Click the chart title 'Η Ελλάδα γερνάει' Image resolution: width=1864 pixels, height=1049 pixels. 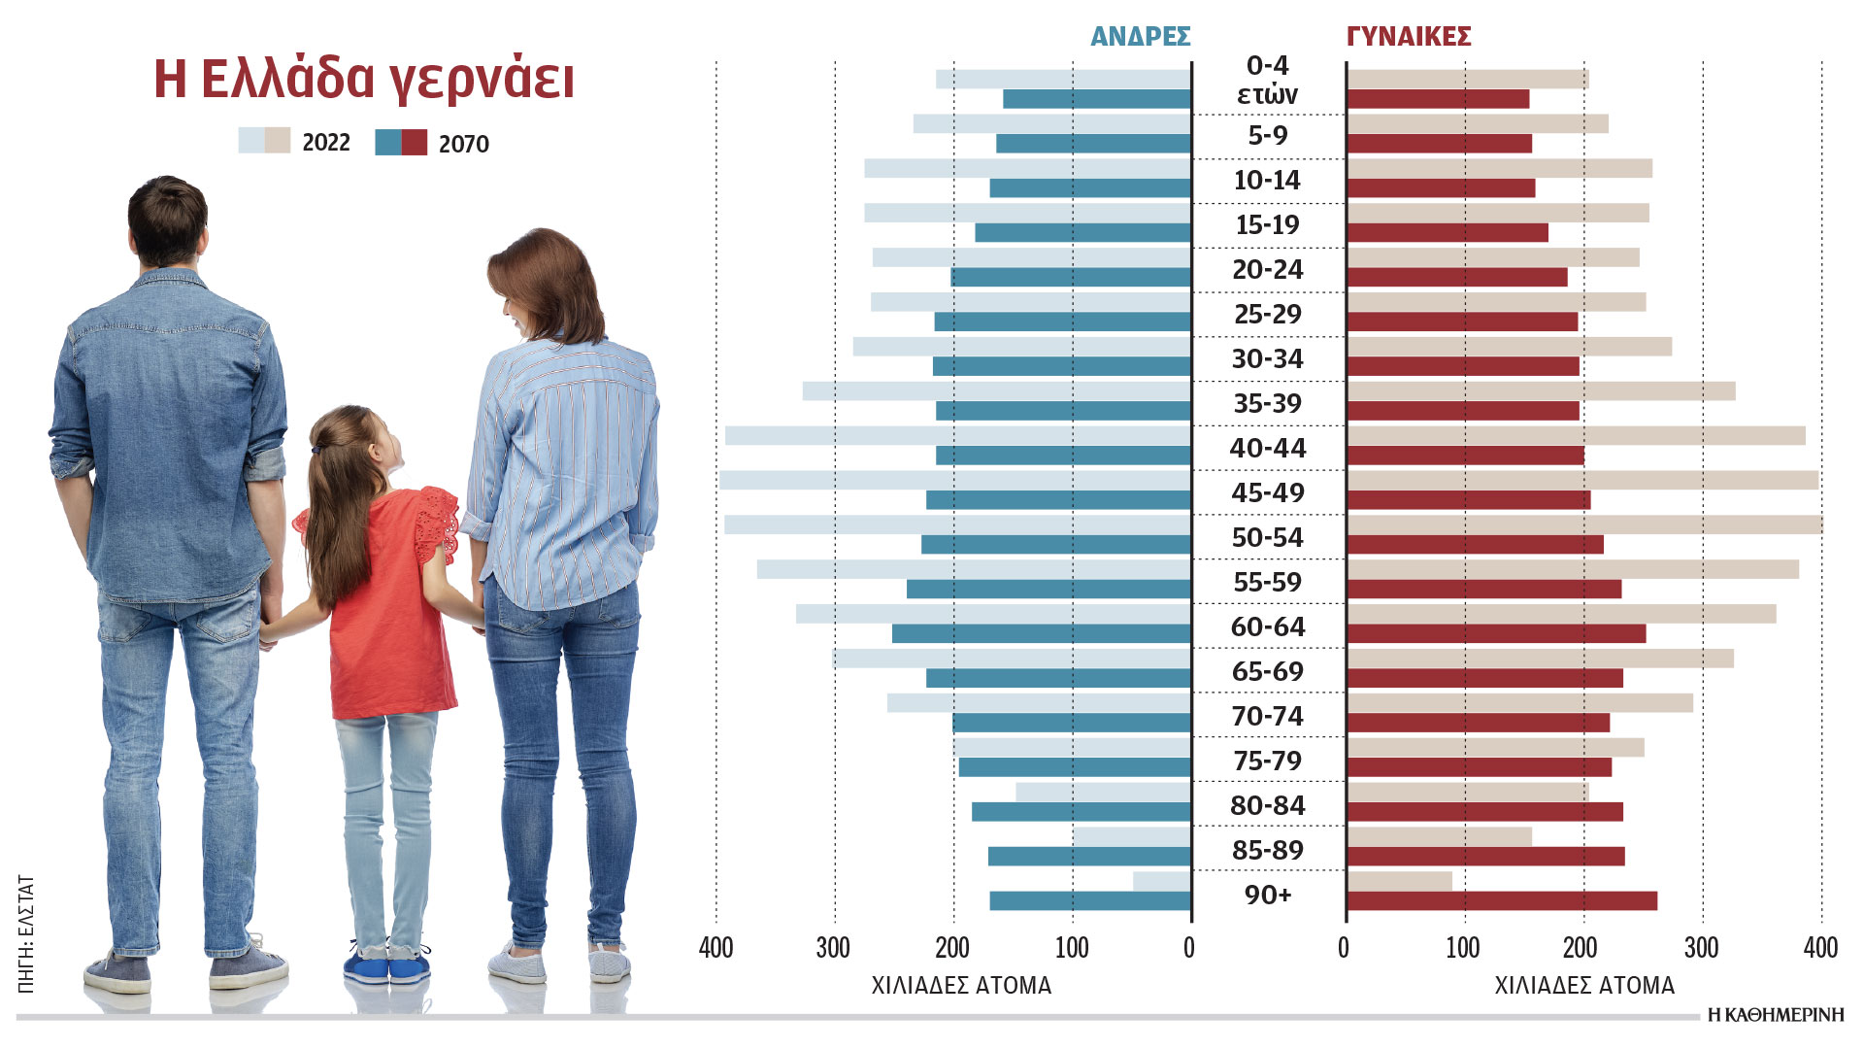364,80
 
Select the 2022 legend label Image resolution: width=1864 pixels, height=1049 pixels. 325,143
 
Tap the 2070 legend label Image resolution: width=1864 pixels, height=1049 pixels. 463,144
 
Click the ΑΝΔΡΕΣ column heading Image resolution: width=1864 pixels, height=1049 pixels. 1140,37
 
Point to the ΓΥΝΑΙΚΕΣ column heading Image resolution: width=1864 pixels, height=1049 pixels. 1409,37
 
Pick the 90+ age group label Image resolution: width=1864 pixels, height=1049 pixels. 1268,895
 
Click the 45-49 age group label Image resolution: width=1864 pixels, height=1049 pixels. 1268,492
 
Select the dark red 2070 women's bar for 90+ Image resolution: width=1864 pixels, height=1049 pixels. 1502,901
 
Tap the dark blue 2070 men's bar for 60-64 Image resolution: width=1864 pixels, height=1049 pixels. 1041,633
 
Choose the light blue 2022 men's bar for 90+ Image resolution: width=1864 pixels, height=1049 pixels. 1161,881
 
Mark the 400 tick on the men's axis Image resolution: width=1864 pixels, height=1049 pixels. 716,948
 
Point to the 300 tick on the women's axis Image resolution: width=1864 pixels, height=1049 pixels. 1701,948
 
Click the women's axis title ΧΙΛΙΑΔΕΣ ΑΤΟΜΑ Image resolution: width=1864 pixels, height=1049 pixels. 1584,986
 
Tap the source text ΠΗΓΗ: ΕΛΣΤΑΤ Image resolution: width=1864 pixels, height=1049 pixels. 26,933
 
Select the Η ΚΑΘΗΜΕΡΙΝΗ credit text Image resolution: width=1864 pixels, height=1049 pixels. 1776,1015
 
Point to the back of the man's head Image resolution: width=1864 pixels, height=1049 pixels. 167,219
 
